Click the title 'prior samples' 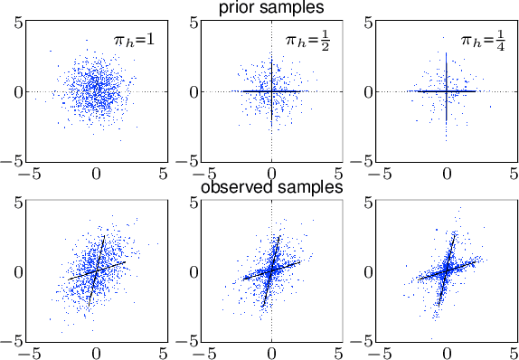pyautogui.click(x=271, y=8)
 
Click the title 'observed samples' pyautogui.click(x=270, y=188)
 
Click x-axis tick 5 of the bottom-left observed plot pyautogui.click(x=164, y=351)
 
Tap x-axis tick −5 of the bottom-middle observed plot pyautogui.click(x=204, y=351)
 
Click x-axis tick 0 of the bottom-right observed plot pyautogui.click(x=447, y=351)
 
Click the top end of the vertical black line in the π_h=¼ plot pyautogui.click(x=447, y=54)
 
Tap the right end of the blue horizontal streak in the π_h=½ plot pyautogui.click(x=308, y=91)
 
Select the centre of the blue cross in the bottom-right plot pyautogui.click(x=447, y=270)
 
